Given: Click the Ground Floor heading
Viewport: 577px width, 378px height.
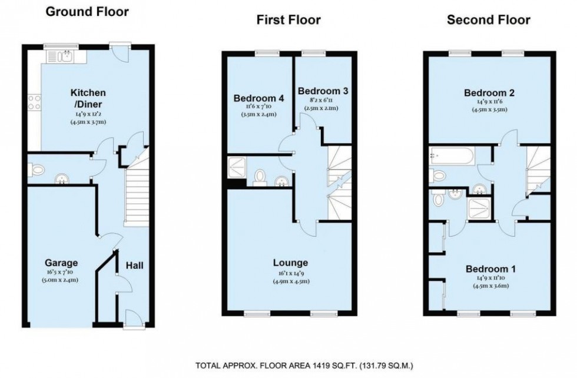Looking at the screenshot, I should pyautogui.click(x=87, y=11).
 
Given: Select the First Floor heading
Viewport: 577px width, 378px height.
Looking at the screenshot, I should pyautogui.click(x=288, y=20).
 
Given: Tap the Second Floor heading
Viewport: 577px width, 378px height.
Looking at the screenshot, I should pyautogui.click(x=488, y=20).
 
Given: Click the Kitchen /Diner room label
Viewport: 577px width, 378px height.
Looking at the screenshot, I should pyautogui.click(x=88, y=98).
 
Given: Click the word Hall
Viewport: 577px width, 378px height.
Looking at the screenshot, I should pyautogui.click(x=134, y=266).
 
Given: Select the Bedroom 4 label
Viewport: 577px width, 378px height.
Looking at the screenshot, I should pyautogui.click(x=258, y=98).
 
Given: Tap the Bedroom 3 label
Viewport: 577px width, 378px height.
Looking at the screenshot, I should pyautogui.click(x=323, y=91).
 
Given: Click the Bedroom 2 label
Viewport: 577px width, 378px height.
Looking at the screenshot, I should pyautogui.click(x=489, y=92).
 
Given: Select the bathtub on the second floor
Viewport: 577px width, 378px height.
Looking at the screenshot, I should pyautogui.click(x=452, y=156).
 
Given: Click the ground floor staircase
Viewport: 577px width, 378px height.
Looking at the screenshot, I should pyautogui.click(x=137, y=194).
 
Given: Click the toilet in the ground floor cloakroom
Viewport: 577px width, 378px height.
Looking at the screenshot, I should pyautogui.click(x=38, y=170).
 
